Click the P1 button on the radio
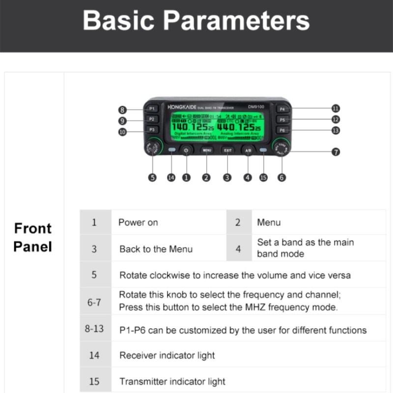coord(152,109)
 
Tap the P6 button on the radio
coord(282,130)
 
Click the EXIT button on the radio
coord(227,150)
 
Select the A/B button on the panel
coord(248,150)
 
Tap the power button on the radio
coord(186,150)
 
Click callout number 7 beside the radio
coord(336,152)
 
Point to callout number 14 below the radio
coord(171,178)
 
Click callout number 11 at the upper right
coord(336,109)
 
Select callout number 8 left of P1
coord(122,110)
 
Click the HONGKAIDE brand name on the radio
coord(182,107)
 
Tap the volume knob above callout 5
coord(153,146)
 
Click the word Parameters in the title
coord(236,21)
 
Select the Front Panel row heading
coord(33,237)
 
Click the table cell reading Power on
coord(138,223)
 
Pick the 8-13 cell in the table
coord(94,328)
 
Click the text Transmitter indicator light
coord(172,381)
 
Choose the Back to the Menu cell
coord(156,249)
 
